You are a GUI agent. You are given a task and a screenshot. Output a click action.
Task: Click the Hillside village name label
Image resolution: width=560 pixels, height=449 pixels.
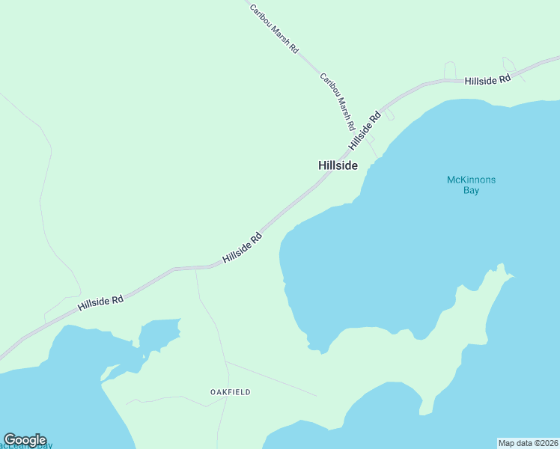tap(338, 165)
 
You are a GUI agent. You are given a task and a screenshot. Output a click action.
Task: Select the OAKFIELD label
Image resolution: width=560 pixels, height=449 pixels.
tap(230, 392)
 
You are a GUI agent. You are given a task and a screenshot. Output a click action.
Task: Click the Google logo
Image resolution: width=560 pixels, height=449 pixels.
tap(25, 440)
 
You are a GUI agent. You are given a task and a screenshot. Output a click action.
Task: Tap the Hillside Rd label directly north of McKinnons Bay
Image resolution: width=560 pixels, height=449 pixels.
tap(487, 79)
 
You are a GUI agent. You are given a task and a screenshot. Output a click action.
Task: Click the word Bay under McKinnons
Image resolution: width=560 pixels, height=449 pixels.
tap(470, 191)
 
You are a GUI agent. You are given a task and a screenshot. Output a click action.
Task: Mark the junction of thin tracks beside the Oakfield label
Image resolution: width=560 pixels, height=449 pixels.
tap(226, 362)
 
